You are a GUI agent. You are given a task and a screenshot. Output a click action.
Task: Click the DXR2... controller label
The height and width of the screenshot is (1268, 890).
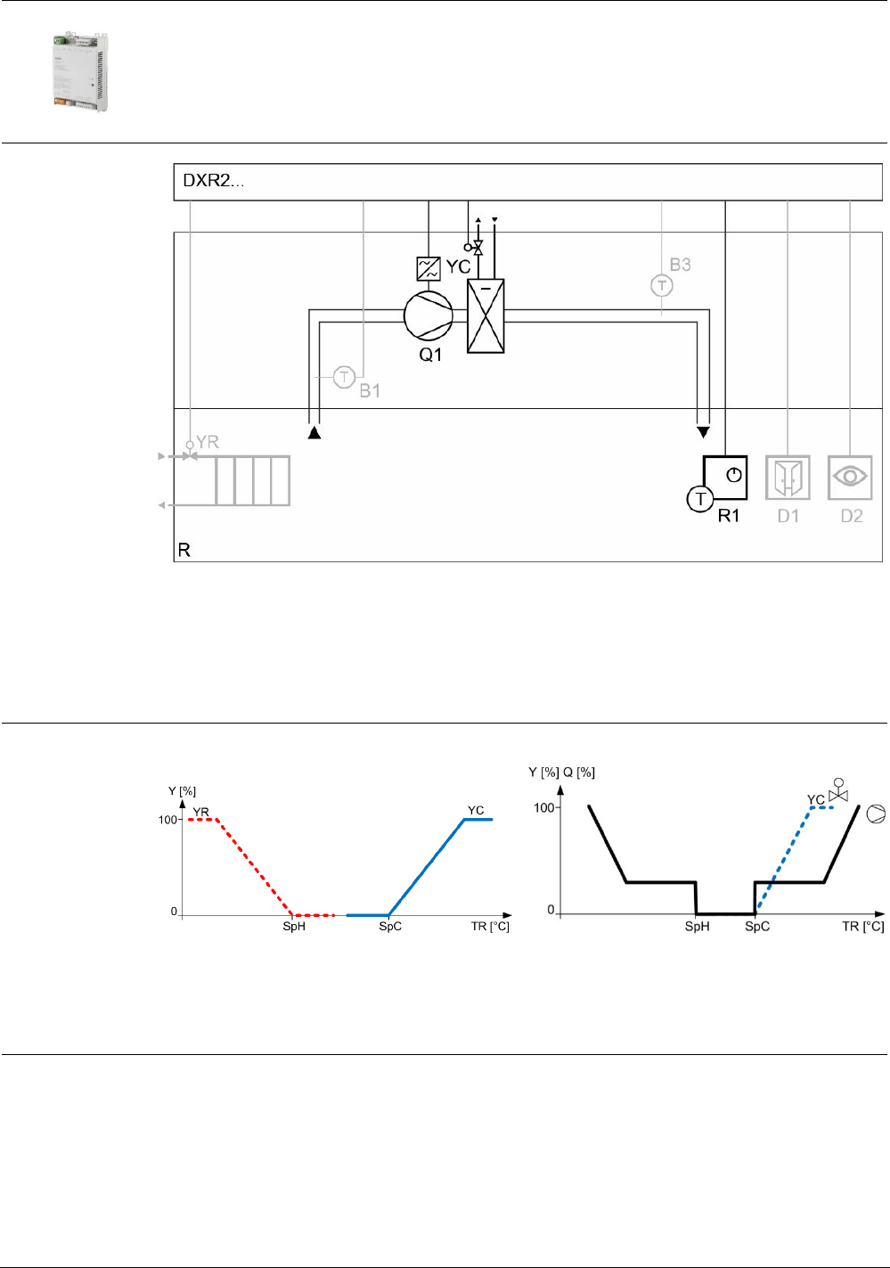pyautogui.click(x=213, y=181)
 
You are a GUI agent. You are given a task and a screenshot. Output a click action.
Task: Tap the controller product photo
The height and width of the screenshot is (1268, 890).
pyautogui.click(x=81, y=71)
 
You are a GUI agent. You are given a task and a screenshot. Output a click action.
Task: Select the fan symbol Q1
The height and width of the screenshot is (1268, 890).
pyautogui.click(x=429, y=315)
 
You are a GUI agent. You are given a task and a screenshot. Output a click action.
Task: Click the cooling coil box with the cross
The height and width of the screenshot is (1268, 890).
pyautogui.click(x=486, y=315)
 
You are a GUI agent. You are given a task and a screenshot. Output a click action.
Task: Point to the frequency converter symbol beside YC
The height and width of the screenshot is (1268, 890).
pyautogui.click(x=429, y=268)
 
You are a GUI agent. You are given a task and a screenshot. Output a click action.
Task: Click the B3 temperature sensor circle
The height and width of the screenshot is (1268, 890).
pyautogui.click(x=661, y=285)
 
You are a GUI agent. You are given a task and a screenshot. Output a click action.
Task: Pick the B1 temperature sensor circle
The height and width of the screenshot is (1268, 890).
pyautogui.click(x=344, y=377)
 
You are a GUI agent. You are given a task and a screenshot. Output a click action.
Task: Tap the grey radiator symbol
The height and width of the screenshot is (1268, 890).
pyautogui.click(x=252, y=480)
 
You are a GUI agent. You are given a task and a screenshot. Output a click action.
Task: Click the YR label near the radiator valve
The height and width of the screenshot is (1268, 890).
pyautogui.click(x=207, y=442)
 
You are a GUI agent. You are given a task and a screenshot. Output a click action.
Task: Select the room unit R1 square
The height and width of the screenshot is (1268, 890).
pyautogui.click(x=725, y=478)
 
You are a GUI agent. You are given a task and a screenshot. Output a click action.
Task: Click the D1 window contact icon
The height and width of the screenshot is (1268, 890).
pyautogui.click(x=788, y=478)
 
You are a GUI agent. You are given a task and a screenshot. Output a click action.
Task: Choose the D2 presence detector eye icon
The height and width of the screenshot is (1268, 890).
pyautogui.click(x=850, y=478)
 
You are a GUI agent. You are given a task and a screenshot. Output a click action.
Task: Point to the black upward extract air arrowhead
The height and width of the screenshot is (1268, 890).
pyautogui.click(x=314, y=432)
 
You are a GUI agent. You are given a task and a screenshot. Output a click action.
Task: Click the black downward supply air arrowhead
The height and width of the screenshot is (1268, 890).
pyautogui.click(x=703, y=432)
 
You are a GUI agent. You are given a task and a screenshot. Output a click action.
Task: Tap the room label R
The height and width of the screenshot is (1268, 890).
pyautogui.click(x=184, y=550)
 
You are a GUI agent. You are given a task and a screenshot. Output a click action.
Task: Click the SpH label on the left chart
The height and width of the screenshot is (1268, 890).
pyautogui.click(x=294, y=927)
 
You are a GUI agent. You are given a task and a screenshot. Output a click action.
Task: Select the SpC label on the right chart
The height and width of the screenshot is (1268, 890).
pyautogui.click(x=757, y=927)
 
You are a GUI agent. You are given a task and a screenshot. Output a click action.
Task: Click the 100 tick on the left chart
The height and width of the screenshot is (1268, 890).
pyautogui.click(x=168, y=820)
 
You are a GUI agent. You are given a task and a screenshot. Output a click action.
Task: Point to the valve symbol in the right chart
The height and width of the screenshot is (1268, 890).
pyautogui.click(x=838, y=790)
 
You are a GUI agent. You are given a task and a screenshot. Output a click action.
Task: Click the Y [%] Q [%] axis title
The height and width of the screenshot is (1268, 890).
pyautogui.click(x=561, y=773)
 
